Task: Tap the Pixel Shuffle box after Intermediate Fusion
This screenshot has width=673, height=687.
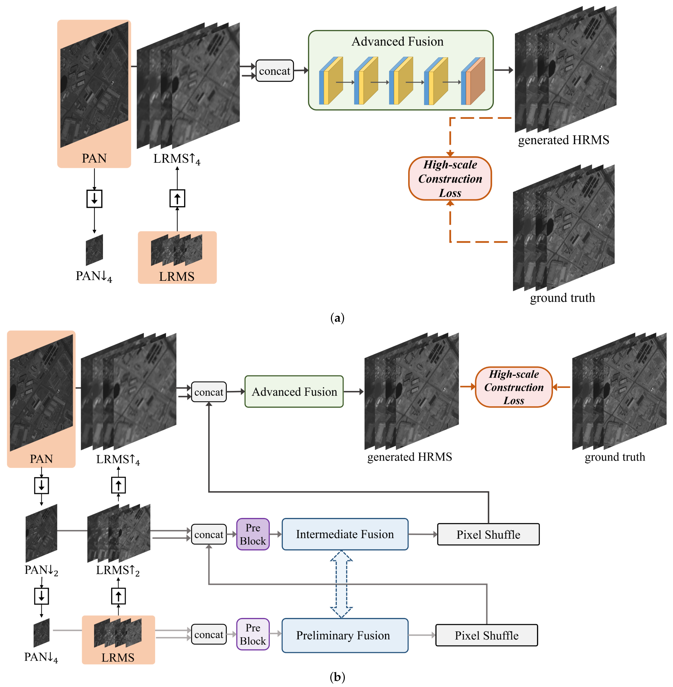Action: tap(488, 534)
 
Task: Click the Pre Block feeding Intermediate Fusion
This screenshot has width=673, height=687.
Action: tap(253, 534)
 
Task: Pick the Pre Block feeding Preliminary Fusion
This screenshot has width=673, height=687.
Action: tap(253, 634)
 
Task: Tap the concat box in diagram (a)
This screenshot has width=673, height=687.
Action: tap(275, 71)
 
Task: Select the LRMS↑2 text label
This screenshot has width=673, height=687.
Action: tap(118, 570)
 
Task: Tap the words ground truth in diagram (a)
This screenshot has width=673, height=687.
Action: tap(562, 298)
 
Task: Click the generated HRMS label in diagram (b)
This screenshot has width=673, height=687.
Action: tap(410, 457)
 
